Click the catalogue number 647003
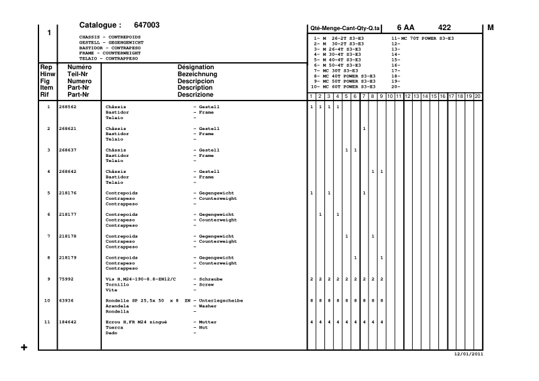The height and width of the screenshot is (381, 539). click(x=147, y=26)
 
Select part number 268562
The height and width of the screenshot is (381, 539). click(x=67, y=106)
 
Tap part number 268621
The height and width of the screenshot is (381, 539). click(x=67, y=129)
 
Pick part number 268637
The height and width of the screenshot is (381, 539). click(x=67, y=150)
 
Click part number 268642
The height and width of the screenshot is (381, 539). click(x=67, y=172)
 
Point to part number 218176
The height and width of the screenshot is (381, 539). click(x=67, y=193)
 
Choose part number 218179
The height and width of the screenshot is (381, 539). click(x=67, y=258)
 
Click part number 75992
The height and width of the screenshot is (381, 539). click(x=65, y=280)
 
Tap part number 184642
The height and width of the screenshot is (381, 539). click(x=67, y=323)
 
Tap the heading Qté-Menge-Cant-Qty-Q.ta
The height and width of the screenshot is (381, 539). click(x=345, y=28)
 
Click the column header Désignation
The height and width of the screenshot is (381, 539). click(x=196, y=67)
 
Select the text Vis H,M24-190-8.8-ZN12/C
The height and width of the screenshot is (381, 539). click(x=140, y=280)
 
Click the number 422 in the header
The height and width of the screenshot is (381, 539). click(x=444, y=28)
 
